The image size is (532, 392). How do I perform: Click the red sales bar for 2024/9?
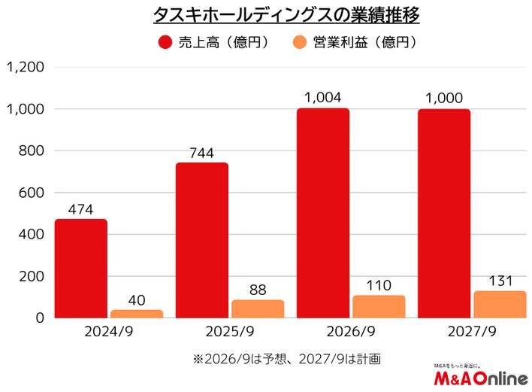pyautogui.click(x=81, y=268)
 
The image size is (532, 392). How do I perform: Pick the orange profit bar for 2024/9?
pyautogui.click(x=137, y=313)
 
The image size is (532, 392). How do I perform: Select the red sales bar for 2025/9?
pyautogui.click(x=201, y=240)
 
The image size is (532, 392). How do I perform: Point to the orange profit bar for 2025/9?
pyautogui.click(x=258, y=308)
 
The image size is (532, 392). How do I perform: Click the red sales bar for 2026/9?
pyautogui.click(x=322, y=213)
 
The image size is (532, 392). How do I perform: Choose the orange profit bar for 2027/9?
pyautogui.click(x=500, y=304)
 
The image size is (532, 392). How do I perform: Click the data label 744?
pyautogui.click(x=201, y=153)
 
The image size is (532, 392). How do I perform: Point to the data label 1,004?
pyautogui.click(x=322, y=98)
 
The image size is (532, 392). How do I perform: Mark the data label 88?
pyautogui.click(x=258, y=288)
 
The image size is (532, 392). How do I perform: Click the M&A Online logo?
pyautogui.click(x=480, y=377)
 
